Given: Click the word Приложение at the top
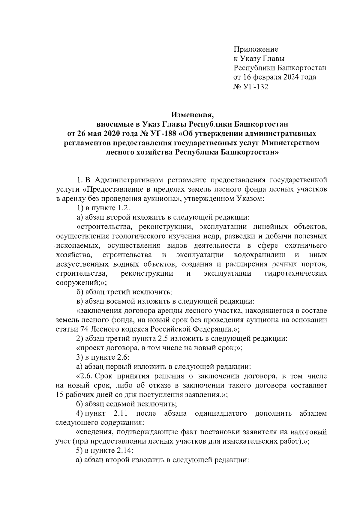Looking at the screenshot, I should (256, 49).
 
